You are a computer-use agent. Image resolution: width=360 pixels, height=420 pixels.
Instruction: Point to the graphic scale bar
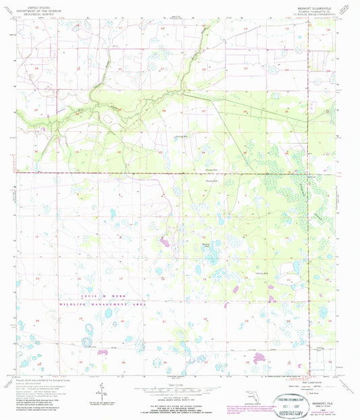[174, 390]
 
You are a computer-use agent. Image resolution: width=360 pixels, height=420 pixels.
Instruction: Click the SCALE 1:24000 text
[174, 384]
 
